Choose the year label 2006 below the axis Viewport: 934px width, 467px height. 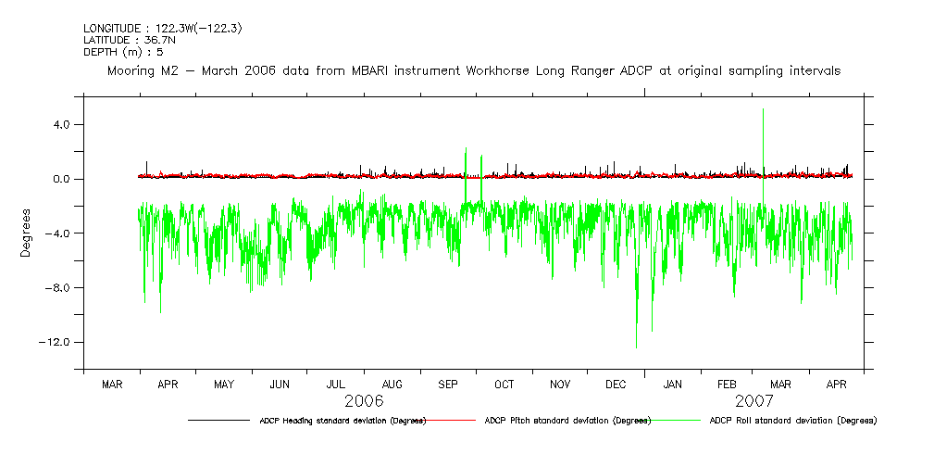pos(364,401)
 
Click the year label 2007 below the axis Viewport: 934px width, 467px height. pos(754,401)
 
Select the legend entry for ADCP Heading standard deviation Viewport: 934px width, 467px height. pos(342,421)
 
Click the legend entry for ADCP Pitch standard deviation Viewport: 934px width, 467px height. pos(567,421)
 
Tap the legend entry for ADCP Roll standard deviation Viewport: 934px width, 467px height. pos(792,421)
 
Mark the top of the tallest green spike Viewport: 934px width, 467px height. pos(763,109)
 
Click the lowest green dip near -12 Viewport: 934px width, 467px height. pos(636,347)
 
